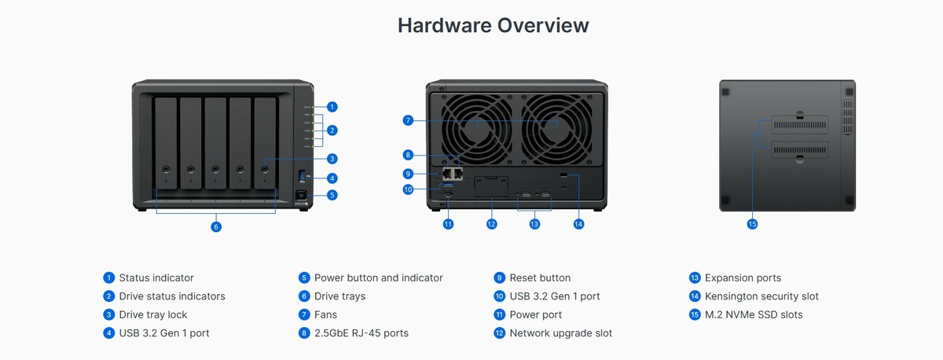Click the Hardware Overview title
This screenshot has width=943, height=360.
pos(493,25)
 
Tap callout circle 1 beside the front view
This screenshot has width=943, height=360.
pos(332,107)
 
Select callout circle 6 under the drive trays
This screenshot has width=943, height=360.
pos(216,227)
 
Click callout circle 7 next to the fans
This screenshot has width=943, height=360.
pos(408,120)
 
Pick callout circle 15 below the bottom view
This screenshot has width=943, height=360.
pos(752,224)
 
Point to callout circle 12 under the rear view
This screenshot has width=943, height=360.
pos(491,224)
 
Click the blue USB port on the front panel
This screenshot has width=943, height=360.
pos(302,176)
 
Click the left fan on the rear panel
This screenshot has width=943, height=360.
pos(477,129)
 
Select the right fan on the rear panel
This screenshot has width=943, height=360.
pos(556,129)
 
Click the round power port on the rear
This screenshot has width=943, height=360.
pos(448,193)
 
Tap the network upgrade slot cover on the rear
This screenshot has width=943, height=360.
pos(491,186)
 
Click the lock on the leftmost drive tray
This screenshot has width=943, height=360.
pos(167,169)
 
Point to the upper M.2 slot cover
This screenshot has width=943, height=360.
pos(799,125)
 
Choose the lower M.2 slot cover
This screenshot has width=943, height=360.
pos(799,150)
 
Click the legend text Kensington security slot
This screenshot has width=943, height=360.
pos(761,296)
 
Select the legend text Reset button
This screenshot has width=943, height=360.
pos(540,278)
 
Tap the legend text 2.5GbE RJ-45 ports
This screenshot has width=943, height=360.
pos(361,333)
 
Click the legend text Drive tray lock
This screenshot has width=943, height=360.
pos(153,314)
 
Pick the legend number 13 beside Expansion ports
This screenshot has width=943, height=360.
pos(695,278)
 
